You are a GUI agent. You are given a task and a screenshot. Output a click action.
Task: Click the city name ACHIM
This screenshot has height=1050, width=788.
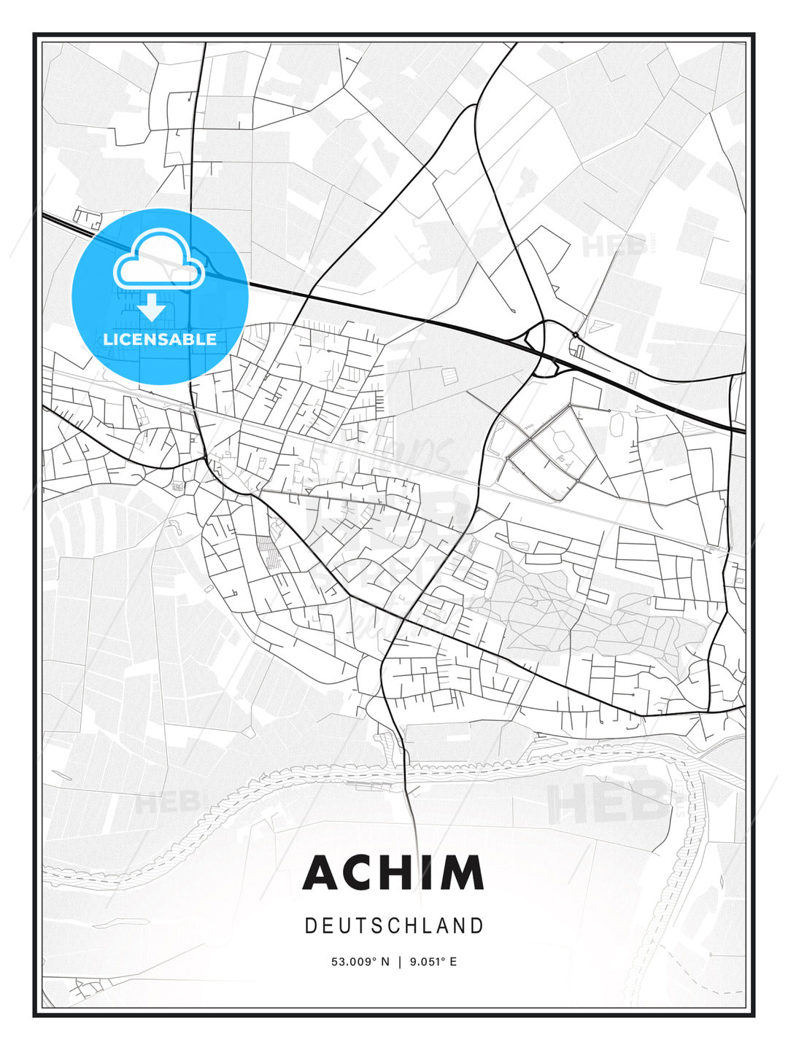tap(393, 873)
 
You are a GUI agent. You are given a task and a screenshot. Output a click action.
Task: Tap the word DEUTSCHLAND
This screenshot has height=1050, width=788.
tap(394, 926)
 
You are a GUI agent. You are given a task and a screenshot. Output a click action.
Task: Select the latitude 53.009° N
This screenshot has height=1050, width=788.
tap(361, 962)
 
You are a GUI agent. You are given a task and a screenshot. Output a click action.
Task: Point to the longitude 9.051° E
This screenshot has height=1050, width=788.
tap(433, 962)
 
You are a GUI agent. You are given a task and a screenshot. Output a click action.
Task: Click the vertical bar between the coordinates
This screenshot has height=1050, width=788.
tap(399, 962)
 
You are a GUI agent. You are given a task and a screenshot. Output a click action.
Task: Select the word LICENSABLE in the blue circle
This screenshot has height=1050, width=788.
tap(160, 339)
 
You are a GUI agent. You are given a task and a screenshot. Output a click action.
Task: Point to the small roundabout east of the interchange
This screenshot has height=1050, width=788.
tap(576, 335)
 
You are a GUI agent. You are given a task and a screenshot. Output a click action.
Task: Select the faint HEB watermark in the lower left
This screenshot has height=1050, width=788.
tap(166, 804)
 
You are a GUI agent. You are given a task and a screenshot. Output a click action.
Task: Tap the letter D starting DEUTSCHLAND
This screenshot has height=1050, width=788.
tap(310, 926)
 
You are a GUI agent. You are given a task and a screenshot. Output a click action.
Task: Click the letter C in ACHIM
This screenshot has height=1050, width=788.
tap(360, 873)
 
